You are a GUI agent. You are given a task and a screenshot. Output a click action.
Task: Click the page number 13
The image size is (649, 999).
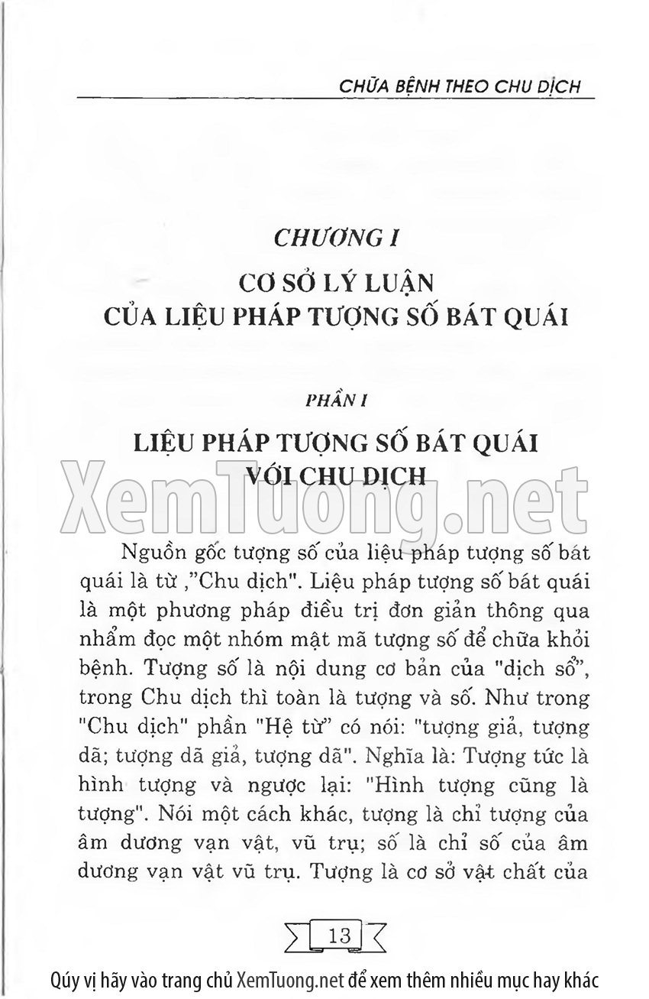[x=338, y=934]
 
